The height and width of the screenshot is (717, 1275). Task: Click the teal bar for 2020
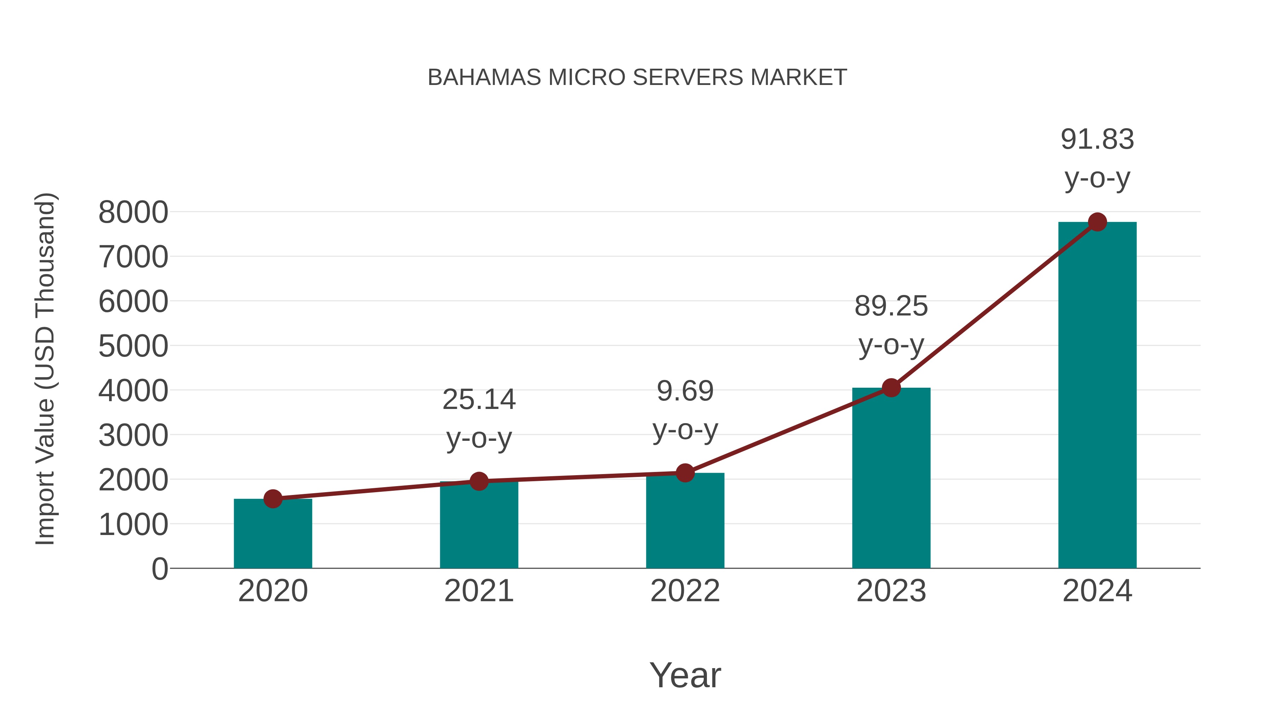(273, 534)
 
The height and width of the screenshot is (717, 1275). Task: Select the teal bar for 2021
(478, 525)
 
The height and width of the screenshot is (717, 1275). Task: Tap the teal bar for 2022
(685, 522)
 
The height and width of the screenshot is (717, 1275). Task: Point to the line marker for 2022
(685, 473)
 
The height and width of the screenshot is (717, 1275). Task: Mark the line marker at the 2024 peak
(1097, 222)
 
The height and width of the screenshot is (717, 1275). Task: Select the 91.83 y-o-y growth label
(1097, 158)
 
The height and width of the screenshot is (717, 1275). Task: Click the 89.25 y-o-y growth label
(891, 325)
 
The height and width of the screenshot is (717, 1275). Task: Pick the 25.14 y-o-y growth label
(478, 418)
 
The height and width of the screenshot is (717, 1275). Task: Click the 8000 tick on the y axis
(133, 212)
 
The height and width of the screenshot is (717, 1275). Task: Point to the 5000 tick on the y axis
(133, 346)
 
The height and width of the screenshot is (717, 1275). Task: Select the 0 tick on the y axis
(159, 569)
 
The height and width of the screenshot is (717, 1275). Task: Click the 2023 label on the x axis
(891, 591)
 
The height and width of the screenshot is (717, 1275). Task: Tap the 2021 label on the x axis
(478, 591)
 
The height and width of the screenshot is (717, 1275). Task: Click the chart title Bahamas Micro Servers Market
(637, 77)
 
